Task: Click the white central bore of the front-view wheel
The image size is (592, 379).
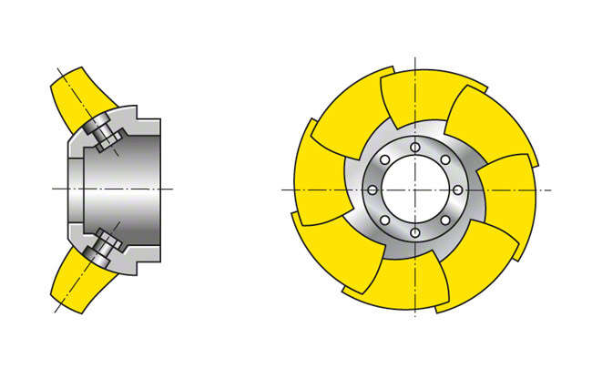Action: coord(414,189)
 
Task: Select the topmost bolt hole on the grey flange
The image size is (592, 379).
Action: coord(414,147)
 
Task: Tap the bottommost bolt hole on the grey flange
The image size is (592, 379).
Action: coord(414,233)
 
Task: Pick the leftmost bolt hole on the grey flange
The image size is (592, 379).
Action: coord(372,189)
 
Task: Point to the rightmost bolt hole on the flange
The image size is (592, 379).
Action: coord(457,189)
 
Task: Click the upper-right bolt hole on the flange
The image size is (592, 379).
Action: coord(444,159)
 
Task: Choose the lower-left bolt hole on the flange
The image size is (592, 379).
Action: coord(384,220)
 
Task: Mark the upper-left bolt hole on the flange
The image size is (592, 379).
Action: coord(384,159)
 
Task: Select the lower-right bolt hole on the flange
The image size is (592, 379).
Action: coord(444,220)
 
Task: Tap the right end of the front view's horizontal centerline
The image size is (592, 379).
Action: coord(551,189)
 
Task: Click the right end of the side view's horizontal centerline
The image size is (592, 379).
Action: coord(172,189)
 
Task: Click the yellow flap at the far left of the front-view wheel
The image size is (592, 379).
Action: coord(319,178)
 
